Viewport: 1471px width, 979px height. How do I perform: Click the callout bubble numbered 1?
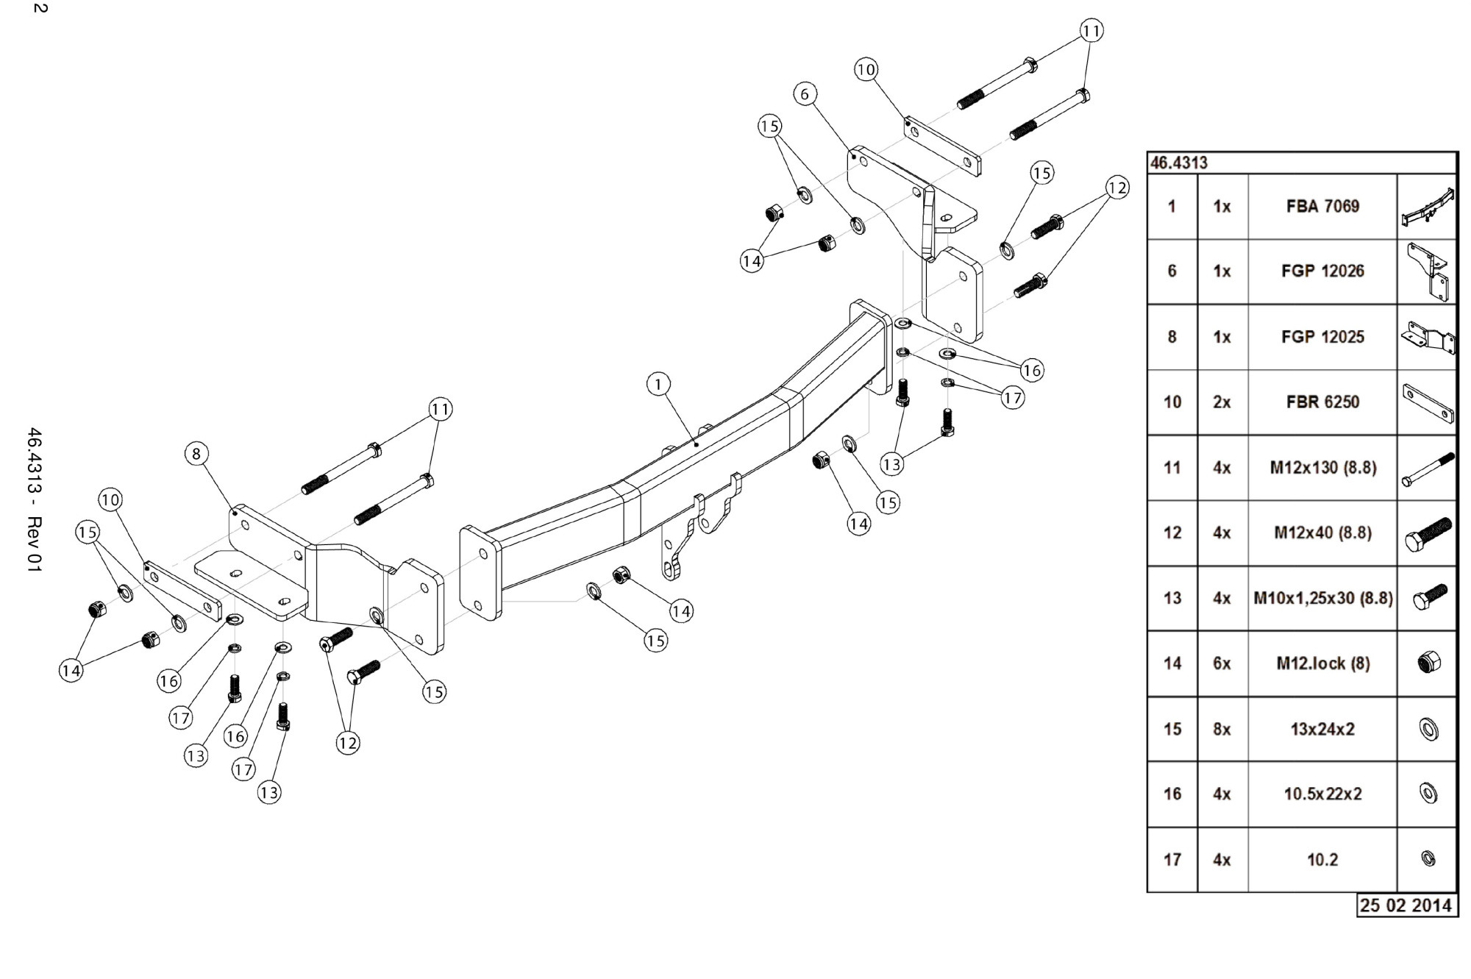click(658, 384)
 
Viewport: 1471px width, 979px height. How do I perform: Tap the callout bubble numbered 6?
click(805, 94)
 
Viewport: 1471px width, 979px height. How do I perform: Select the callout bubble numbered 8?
click(196, 454)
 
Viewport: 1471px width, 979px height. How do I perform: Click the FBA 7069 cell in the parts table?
click(1322, 207)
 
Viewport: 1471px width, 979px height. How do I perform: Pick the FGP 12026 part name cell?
click(1322, 271)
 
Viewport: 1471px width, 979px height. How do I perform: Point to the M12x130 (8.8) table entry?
click(1322, 468)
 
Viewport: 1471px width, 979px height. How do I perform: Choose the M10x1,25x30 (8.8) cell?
click(1322, 598)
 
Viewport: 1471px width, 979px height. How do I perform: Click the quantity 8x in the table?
click(1222, 729)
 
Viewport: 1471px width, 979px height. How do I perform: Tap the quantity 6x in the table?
click(1222, 663)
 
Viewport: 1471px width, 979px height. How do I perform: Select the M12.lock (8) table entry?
click(1322, 663)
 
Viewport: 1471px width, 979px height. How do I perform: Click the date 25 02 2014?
click(1406, 905)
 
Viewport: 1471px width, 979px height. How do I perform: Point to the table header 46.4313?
click(1179, 163)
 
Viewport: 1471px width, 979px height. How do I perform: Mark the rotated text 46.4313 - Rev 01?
click(35, 500)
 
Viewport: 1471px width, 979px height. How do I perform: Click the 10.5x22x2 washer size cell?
click(1322, 794)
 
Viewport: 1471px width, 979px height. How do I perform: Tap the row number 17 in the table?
click(1172, 859)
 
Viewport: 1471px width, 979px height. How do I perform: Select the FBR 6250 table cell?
click(1322, 402)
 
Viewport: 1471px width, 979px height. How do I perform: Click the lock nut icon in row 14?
click(1428, 663)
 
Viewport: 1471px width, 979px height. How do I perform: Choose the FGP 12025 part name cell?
click(1322, 337)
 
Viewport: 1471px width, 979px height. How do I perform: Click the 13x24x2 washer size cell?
click(1322, 729)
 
